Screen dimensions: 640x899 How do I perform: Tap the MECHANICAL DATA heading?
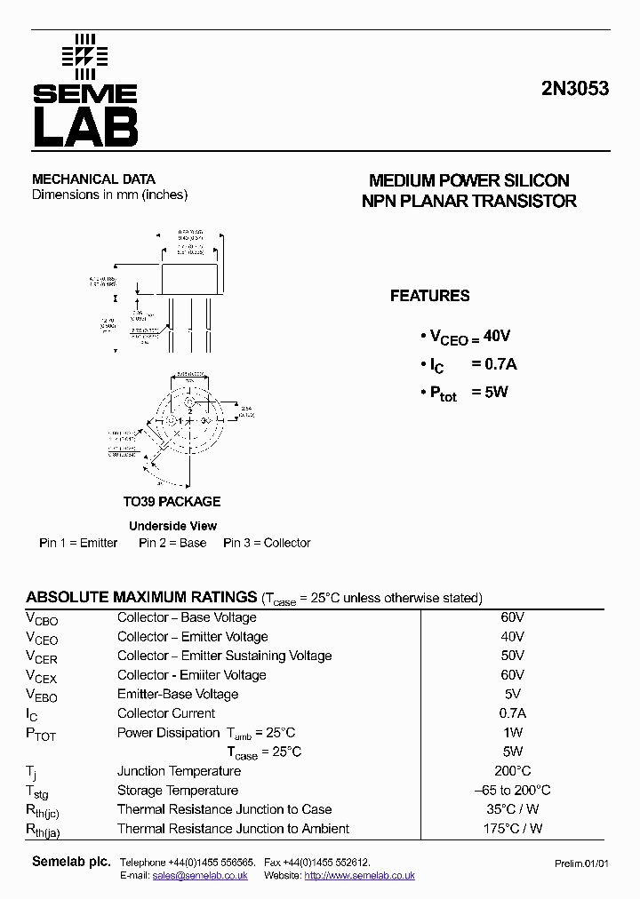[x=93, y=179]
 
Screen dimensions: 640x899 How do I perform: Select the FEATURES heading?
[x=429, y=296]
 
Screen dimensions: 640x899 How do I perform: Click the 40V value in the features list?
[x=498, y=336]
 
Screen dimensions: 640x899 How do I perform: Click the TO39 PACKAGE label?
[x=172, y=501]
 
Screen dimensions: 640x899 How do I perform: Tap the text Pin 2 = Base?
[x=172, y=543]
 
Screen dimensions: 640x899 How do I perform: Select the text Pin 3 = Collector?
[x=267, y=543]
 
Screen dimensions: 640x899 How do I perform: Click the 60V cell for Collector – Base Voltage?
[x=512, y=617]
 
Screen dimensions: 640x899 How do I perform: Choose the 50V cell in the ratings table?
[x=512, y=656]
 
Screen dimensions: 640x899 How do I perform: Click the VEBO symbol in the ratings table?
[x=42, y=696]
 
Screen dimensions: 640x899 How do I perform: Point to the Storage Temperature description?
[x=178, y=791]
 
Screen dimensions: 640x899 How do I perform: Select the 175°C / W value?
[x=512, y=829]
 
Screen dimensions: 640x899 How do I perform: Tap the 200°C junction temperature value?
[x=512, y=771]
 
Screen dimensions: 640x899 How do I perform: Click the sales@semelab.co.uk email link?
[x=200, y=876]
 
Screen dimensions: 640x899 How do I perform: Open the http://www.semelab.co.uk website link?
[x=359, y=876]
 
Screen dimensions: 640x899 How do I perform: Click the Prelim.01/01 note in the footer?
[x=582, y=863]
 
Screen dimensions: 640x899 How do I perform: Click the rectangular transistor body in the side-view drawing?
[x=188, y=279]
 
